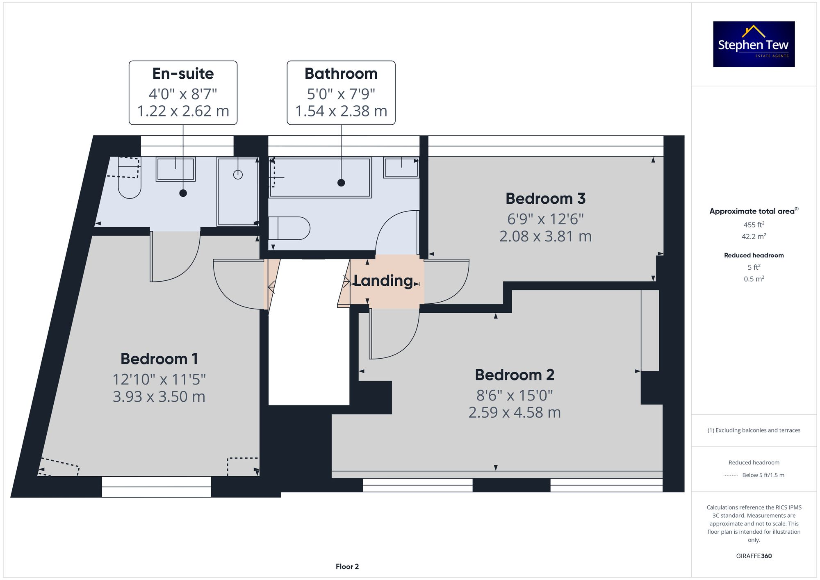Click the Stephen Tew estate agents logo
click(x=754, y=44)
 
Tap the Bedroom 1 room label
click(x=159, y=359)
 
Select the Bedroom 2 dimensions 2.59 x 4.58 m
click(x=514, y=412)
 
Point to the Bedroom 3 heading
click(x=545, y=198)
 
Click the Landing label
click(x=383, y=281)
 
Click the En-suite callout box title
click(x=183, y=73)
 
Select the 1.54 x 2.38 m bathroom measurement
click(x=341, y=111)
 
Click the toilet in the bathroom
click(x=289, y=228)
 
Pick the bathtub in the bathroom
click(x=320, y=177)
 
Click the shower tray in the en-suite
click(x=238, y=191)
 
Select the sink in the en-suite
click(x=175, y=168)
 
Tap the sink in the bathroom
click(x=401, y=167)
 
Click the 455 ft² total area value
click(x=754, y=225)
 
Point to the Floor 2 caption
click(x=347, y=566)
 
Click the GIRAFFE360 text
click(x=754, y=556)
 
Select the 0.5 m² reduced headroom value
click(x=754, y=279)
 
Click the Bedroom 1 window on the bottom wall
click(x=156, y=487)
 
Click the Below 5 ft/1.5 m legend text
click(x=763, y=475)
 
